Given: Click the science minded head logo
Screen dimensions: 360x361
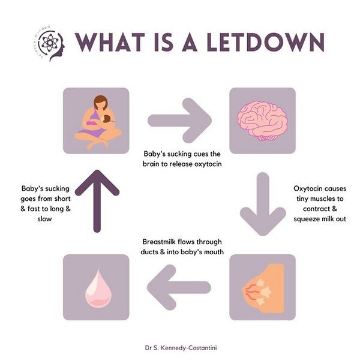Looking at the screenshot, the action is tap(49, 44).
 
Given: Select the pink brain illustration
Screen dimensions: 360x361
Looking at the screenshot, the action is tap(262, 121).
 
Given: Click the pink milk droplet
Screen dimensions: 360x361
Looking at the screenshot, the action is tap(98, 288).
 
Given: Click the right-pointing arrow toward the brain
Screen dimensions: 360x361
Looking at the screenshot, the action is tap(179, 121).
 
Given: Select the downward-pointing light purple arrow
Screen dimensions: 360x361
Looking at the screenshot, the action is tap(263, 204).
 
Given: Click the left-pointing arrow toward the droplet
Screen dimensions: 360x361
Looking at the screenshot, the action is tap(179, 287).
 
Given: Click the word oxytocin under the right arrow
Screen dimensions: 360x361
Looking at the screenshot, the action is tap(208, 164).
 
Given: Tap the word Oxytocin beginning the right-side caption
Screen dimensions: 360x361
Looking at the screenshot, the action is tap(305, 188).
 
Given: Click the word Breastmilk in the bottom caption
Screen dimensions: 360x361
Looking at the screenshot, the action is tap(159, 242).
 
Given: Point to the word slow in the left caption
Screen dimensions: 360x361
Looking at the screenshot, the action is tap(44, 219).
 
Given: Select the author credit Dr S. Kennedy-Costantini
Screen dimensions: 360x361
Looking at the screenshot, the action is tap(181, 347).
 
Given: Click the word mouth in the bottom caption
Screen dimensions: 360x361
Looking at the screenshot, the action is tap(214, 252).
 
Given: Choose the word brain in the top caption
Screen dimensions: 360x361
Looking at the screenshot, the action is tap(151, 164).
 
